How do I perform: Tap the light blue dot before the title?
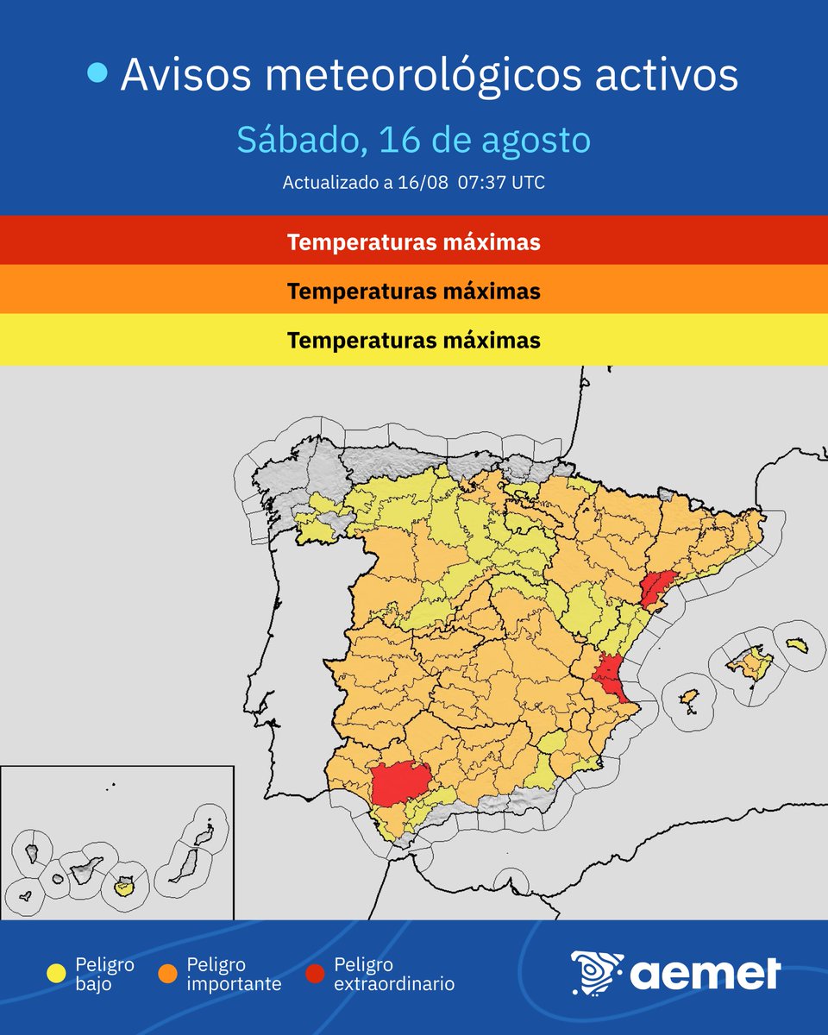(x=98, y=75)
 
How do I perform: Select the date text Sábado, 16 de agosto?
(x=413, y=140)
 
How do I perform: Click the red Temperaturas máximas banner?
(x=414, y=241)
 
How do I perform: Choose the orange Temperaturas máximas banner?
(x=414, y=291)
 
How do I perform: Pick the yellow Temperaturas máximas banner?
(x=414, y=340)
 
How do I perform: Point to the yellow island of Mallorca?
(x=749, y=664)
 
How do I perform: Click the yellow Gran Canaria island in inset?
(x=124, y=885)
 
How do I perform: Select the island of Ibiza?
(x=687, y=698)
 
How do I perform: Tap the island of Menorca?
(x=795, y=645)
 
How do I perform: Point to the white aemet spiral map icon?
(x=596, y=973)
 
